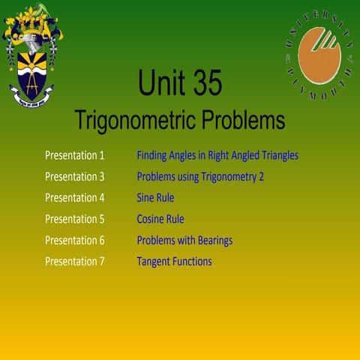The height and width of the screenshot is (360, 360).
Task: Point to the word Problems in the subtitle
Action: (242, 120)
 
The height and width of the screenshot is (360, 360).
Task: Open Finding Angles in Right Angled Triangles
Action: (217, 156)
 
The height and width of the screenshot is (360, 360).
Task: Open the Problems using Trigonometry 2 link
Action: (200, 177)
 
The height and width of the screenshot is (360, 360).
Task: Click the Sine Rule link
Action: (155, 198)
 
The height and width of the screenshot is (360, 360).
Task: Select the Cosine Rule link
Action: (160, 219)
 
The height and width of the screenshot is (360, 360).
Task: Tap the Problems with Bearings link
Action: (184, 240)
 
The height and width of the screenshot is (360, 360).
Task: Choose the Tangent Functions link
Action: (174, 261)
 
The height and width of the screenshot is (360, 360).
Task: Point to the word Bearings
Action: (214, 240)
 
